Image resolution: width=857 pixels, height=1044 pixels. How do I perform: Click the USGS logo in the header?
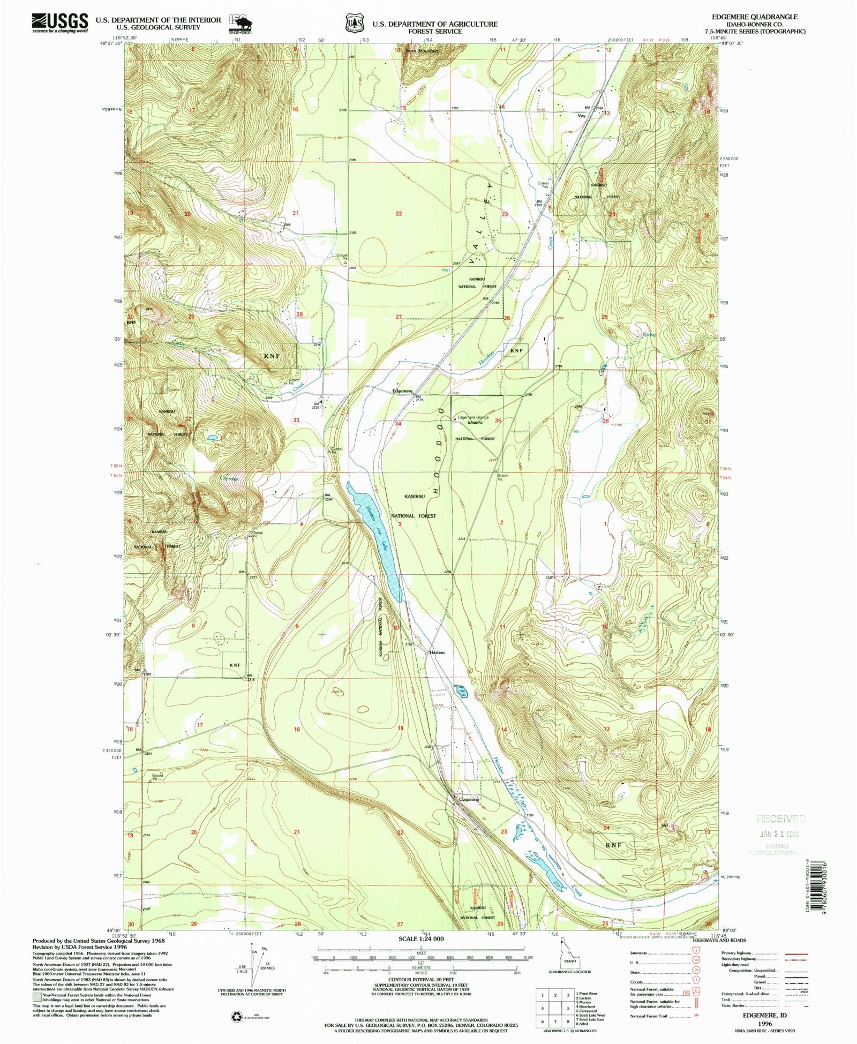pyautogui.click(x=60, y=23)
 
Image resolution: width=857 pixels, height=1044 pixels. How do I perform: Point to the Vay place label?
pyautogui.click(x=582, y=115)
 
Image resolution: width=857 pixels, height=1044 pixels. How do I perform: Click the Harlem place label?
pyautogui.click(x=437, y=652)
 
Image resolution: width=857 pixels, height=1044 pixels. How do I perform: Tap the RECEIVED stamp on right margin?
pyautogui.click(x=780, y=818)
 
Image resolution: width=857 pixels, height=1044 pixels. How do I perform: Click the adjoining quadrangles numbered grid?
pyautogui.click(x=555, y=1009)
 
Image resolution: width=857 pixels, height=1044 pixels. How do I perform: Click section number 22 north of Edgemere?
pyautogui.click(x=399, y=213)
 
